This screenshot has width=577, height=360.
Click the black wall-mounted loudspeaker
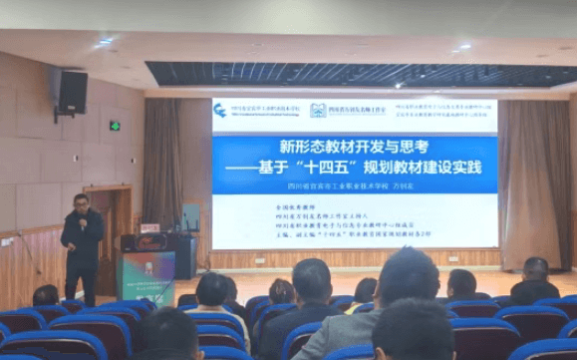[72, 91]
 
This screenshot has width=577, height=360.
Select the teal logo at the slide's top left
[220, 110]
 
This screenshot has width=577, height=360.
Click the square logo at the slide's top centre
[318, 110]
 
